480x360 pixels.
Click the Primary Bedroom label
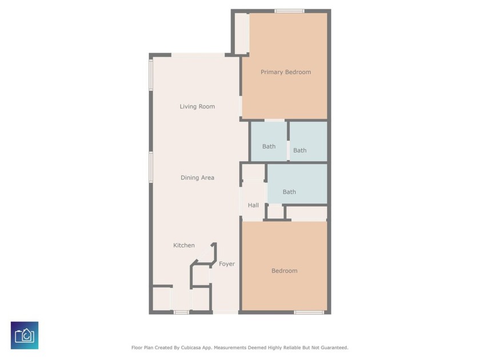tap(286, 72)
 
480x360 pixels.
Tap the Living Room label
tap(197, 106)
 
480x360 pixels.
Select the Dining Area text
tap(198, 178)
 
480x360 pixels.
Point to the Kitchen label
tap(184, 245)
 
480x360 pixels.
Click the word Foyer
tap(227, 264)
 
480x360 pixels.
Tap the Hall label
tap(253, 205)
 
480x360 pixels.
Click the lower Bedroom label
tap(285, 271)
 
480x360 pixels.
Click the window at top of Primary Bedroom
tap(289, 11)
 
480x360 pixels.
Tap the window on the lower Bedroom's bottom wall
tap(309, 313)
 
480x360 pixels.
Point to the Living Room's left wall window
tap(151, 75)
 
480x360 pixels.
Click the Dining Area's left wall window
tap(151, 167)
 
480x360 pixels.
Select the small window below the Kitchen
tap(181, 313)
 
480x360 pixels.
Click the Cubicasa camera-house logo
tap(25, 335)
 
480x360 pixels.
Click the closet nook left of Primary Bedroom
tap(242, 33)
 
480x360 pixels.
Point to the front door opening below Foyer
tap(226, 312)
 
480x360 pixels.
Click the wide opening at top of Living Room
tap(198, 55)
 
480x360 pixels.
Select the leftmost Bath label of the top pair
tap(269, 146)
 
